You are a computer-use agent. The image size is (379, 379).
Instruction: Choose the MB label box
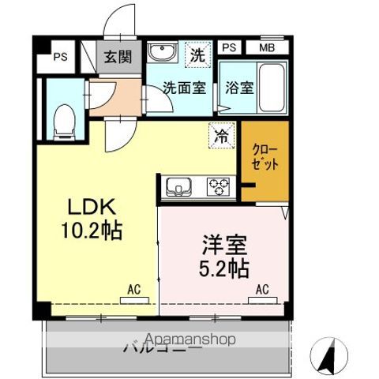click(267, 47)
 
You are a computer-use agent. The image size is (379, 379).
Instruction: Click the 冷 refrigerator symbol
click(223, 135)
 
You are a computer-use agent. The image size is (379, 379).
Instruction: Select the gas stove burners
click(218, 186)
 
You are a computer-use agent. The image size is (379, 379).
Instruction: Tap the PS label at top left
click(60, 57)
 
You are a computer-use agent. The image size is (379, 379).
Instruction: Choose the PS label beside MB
click(228, 47)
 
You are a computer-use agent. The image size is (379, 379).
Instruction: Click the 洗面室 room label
click(185, 88)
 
